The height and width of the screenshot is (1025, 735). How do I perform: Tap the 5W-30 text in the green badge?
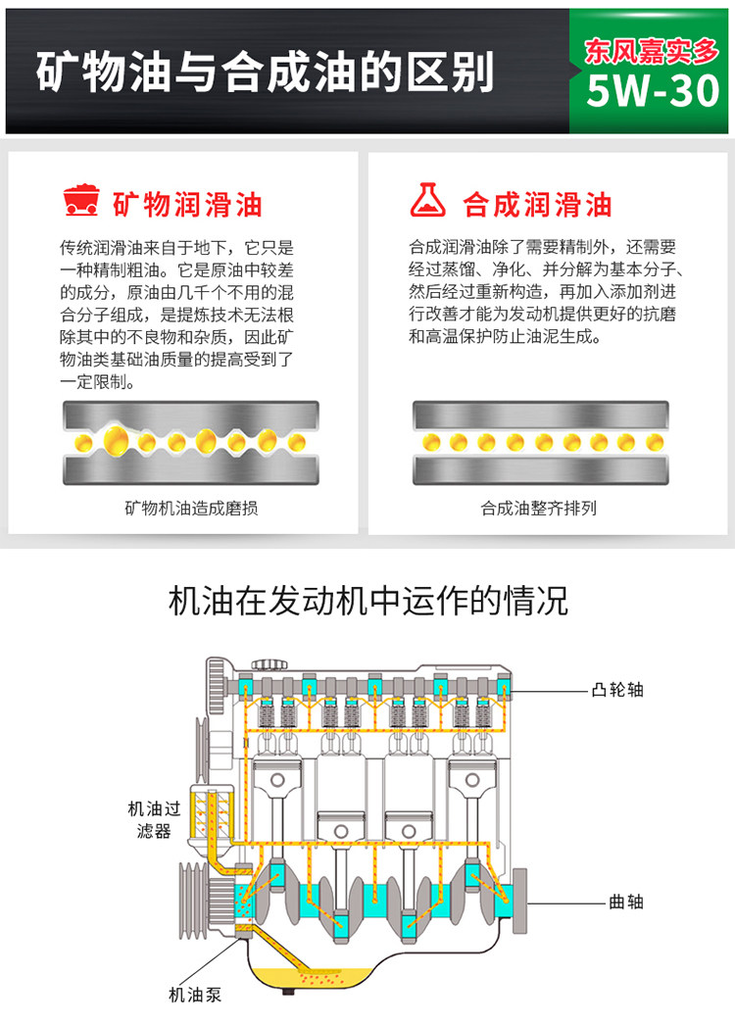pyautogui.click(x=652, y=92)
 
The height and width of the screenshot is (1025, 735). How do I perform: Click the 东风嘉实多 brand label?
pyautogui.click(x=652, y=50)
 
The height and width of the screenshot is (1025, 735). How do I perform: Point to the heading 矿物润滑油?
pyautogui.click(x=187, y=204)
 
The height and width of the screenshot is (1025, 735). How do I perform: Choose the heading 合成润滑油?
pyautogui.click(x=537, y=204)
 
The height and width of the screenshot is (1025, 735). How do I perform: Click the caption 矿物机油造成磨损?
pyautogui.click(x=191, y=509)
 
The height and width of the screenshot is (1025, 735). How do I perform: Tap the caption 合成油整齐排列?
pyautogui.click(x=539, y=509)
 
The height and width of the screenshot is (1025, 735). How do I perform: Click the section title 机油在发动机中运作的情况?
pyautogui.click(x=367, y=600)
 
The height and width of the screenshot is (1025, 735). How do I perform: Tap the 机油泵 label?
pyautogui.click(x=196, y=995)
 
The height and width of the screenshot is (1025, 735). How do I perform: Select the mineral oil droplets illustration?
pyautogui.click(x=191, y=443)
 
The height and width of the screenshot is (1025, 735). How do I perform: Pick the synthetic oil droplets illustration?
pyautogui.click(x=541, y=443)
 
